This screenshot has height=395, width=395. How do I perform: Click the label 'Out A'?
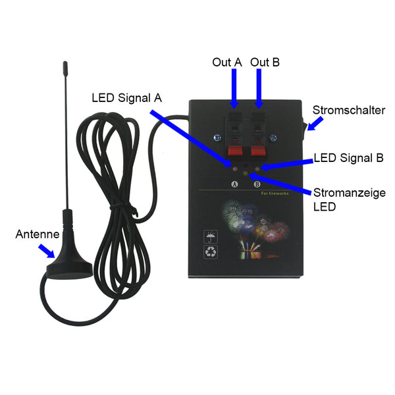click(226, 62)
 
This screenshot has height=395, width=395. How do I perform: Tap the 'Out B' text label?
click(265, 62)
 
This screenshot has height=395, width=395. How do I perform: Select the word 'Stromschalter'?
click(349, 111)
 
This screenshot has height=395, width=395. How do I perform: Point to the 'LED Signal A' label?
click(126, 98)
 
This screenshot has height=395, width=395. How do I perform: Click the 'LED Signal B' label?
click(349, 158)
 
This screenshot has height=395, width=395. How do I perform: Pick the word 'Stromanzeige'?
click(349, 192)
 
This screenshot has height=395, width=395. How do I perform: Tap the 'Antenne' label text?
click(38, 234)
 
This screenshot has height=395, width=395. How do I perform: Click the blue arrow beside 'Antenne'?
click(47, 251)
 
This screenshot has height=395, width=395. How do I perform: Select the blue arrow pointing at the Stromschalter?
click(315, 123)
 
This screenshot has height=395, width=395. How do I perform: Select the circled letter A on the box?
click(233, 184)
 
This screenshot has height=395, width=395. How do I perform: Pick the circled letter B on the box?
click(257, 184)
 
